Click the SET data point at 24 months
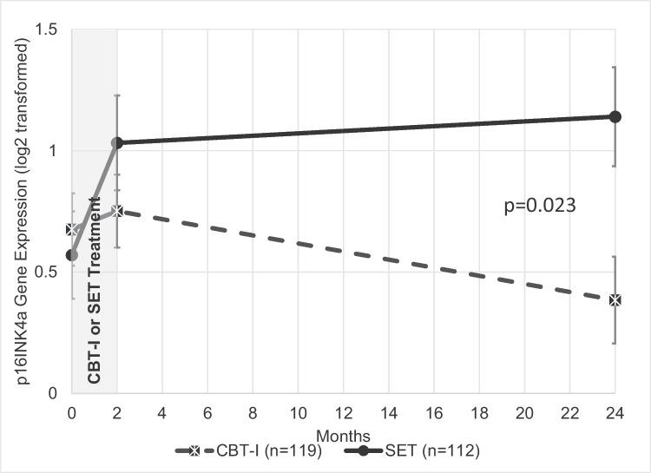615,116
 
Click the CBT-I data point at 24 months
615,299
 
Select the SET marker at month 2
117,142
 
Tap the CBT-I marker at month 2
117,211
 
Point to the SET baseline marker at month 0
72,255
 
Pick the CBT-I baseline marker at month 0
72,230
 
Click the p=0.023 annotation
541,207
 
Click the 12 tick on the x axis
343,414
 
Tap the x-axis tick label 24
615,414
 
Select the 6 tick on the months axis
207,414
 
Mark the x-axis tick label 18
479,414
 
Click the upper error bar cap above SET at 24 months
615,67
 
